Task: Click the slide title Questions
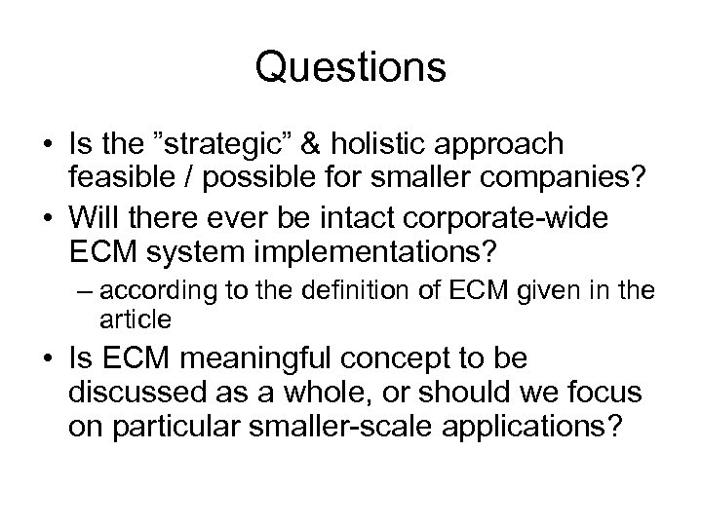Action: (x=351, y=68)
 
